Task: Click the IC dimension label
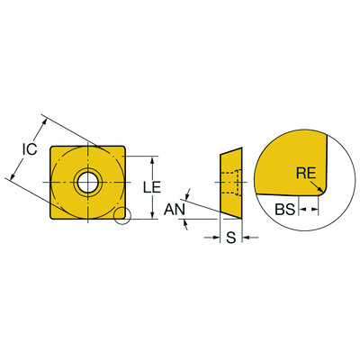(30, 148)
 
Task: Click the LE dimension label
(152, 187)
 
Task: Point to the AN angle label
(175, 209)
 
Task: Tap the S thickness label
(230, 238)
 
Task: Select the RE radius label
(306, 173)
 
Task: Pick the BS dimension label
(285, 210)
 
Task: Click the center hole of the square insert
(88, 183)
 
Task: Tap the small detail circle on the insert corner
(122, 216)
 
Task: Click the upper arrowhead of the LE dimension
(153, 160)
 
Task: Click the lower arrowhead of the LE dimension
(153, 215)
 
